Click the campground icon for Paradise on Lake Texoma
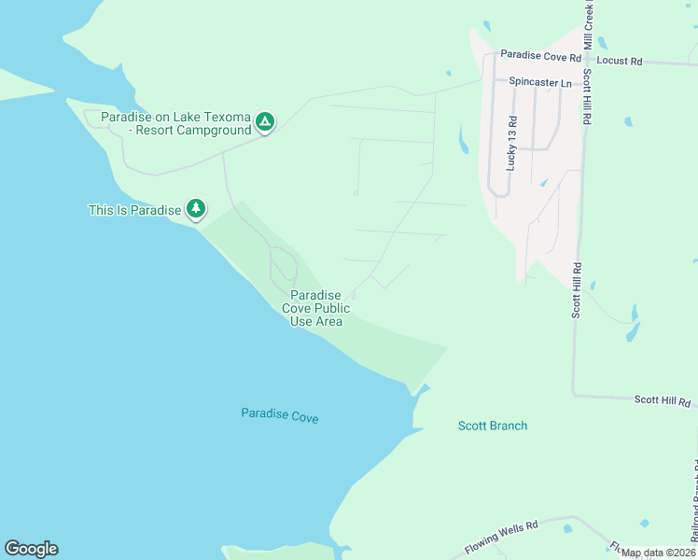click(265, 121)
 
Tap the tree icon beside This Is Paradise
click(195, 209)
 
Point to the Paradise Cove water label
click(280, 415)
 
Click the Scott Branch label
click(493, 426)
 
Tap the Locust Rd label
click(620, 61)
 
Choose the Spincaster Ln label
click(540, 82)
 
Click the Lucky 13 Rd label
click(511, 143)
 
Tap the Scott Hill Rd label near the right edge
click(663, 401)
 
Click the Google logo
click(31, 549)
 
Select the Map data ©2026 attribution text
click(658, 553)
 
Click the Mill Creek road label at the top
click(589, 24)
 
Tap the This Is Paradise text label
click(134, 210)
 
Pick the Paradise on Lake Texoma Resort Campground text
click(176, 123)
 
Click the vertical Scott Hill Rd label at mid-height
click(578, 289)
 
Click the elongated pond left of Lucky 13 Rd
click(464, 139)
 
